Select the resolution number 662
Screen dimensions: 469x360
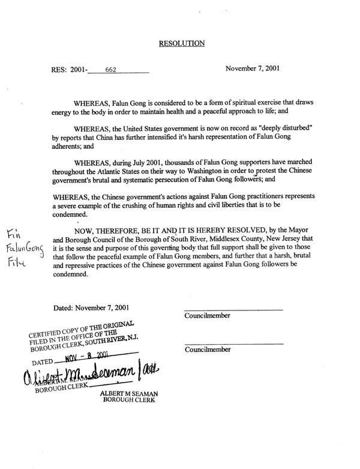111,70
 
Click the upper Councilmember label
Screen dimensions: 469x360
208,316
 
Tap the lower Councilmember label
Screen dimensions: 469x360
208,349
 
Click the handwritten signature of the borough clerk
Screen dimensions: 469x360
90,375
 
